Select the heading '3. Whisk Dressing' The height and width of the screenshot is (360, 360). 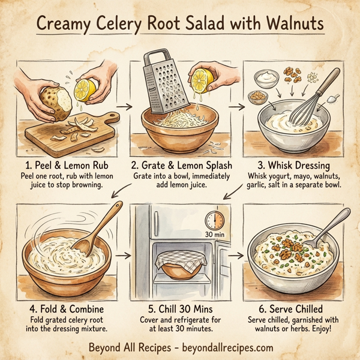click(293, 164)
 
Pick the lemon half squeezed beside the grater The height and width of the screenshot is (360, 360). click(205, 82)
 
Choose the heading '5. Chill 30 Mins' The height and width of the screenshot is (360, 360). click(179, 310)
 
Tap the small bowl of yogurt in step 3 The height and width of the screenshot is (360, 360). click(264, 78)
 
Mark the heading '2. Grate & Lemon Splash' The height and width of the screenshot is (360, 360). click(179, 164)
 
